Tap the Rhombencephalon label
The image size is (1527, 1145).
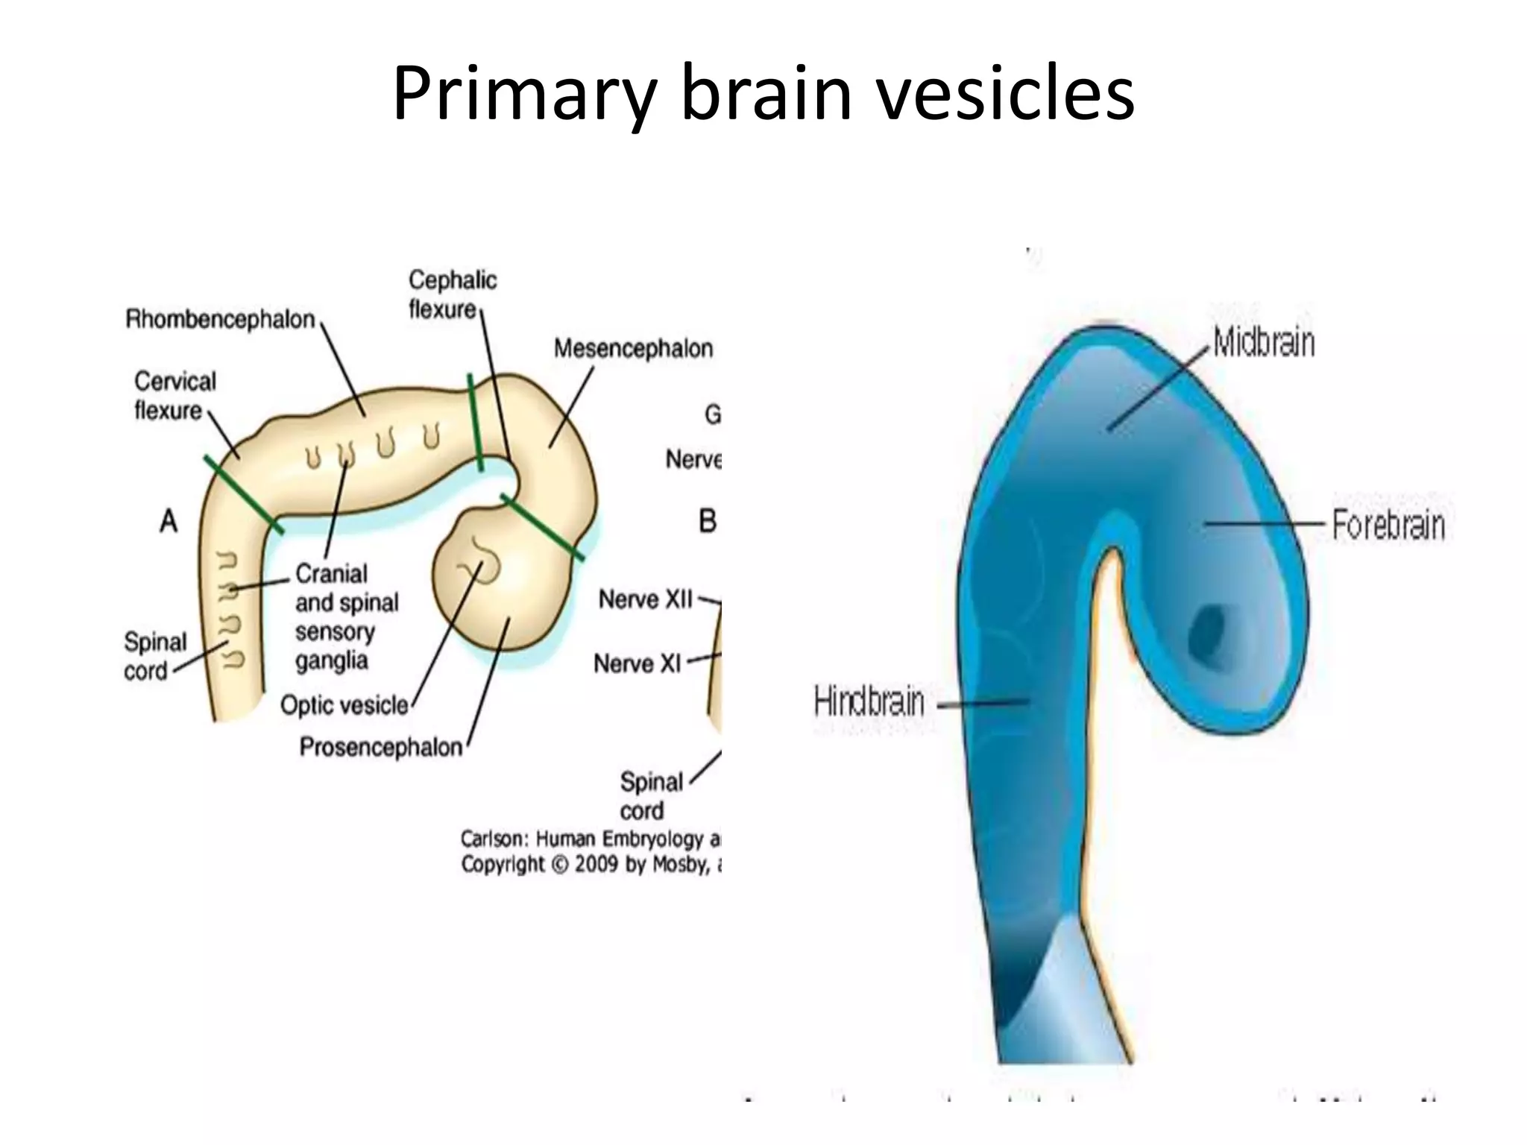click(220, 320)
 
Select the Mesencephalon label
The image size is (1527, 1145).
click(633, 348)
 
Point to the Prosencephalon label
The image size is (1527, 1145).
click(381, 747)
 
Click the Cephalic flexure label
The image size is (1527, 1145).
click(452, 294)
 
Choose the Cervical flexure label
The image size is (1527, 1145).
click(174, 396)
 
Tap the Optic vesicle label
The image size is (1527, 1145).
click(344, 705)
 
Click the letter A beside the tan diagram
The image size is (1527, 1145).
click(169, 521)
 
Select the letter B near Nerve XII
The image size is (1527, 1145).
click(707, 521)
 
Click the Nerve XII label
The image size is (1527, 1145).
click(646, 599)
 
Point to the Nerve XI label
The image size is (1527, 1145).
click(637, 663)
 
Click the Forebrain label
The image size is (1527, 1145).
click(1388, 525)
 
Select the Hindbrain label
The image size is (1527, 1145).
click(869, 702)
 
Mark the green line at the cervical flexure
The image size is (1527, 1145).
click(244, 495)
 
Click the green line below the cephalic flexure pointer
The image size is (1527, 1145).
click(475, 422)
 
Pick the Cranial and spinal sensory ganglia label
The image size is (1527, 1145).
click(347, 616)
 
